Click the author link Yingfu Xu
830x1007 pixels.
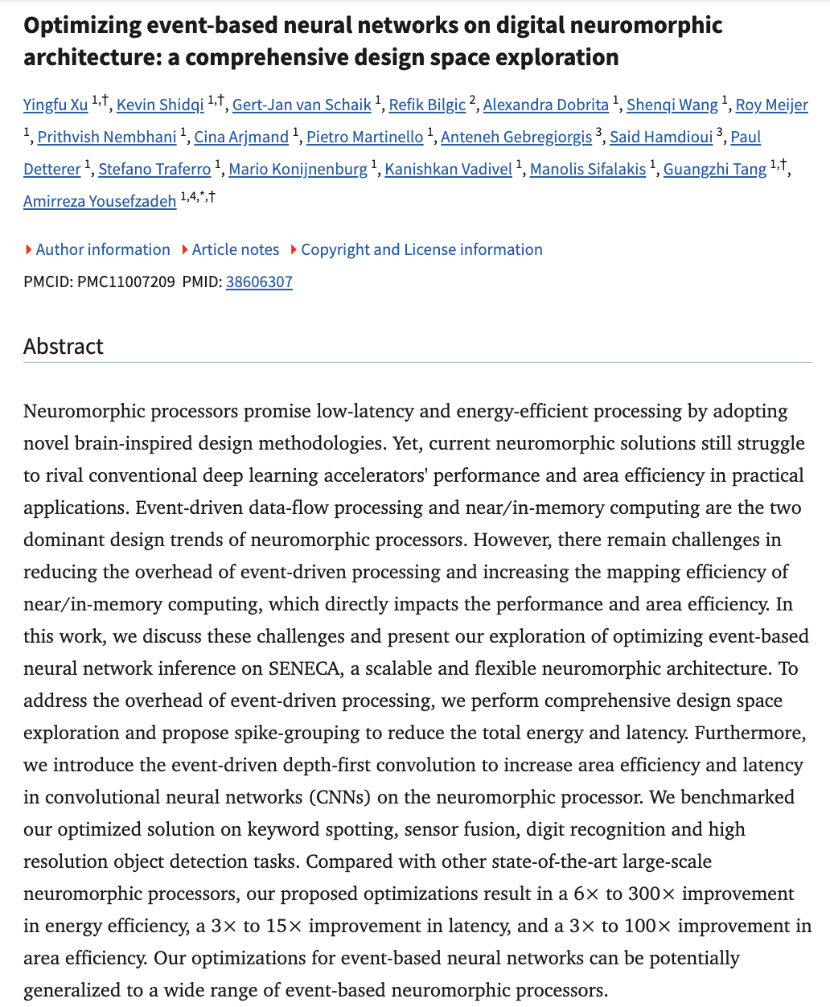55,105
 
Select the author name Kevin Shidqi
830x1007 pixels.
160,105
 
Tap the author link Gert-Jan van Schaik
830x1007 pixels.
302,105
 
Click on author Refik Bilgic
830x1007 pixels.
427,105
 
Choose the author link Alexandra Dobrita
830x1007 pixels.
545,105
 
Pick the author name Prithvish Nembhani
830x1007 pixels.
107,137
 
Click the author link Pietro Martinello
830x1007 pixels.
364,137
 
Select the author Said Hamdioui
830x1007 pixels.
661,137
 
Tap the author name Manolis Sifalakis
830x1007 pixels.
588,169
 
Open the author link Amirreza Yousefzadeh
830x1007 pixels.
100,201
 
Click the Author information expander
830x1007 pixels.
102,249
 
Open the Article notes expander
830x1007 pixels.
235,249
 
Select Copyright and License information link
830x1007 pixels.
421,249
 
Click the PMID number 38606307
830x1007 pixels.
259,282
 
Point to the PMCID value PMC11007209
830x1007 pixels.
125,282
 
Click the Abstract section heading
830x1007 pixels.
64,346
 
